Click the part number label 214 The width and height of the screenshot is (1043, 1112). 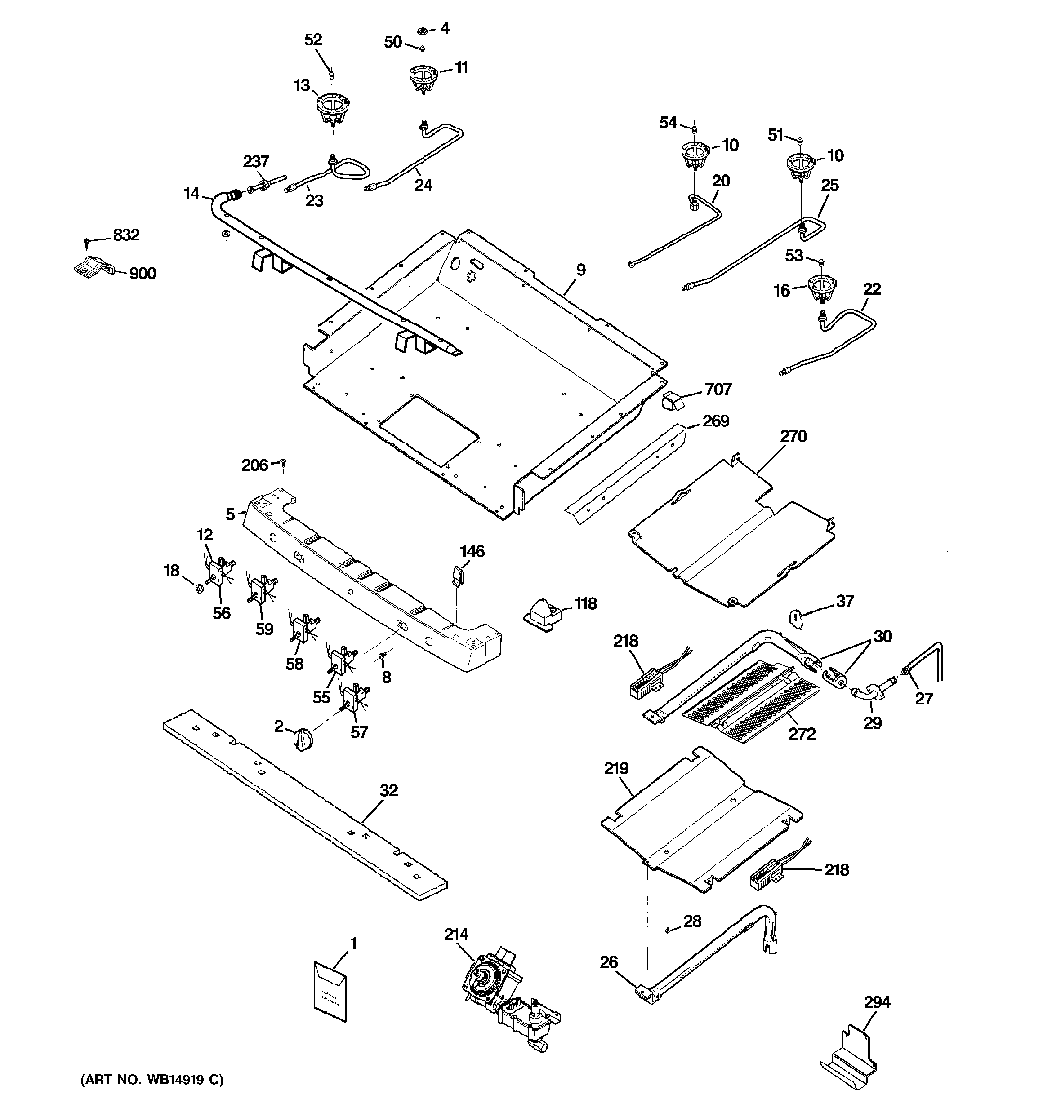(456, 934)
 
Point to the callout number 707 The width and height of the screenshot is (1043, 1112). (718, 389)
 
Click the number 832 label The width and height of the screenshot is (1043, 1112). (126, 235)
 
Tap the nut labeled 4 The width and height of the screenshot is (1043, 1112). (423, 30)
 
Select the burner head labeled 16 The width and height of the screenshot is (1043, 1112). (822, 288)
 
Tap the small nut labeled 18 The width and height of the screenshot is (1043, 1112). (198, 589)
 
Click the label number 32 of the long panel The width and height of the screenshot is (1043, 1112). (388, 790)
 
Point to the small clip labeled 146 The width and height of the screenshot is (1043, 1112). (457, 575)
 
